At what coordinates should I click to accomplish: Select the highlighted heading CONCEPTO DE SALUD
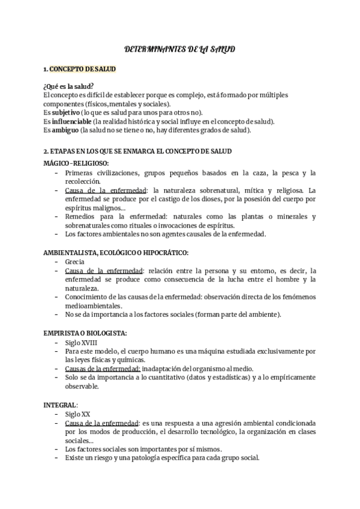coord(83,69)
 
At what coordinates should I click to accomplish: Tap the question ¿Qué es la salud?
coord(68,86)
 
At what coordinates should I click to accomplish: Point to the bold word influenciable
coord(73,121)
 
